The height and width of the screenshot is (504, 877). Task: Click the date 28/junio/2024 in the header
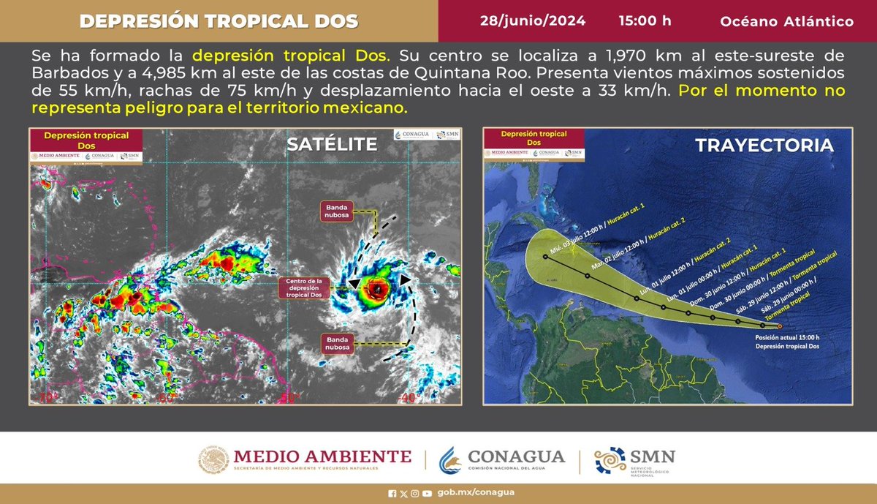point(532,20)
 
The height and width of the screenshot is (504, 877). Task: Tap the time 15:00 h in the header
point(645,20)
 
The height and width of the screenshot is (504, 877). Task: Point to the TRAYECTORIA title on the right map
point(764,145)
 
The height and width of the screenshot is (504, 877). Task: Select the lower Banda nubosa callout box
point(338,342)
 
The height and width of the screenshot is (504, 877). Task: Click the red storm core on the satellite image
point(376,290)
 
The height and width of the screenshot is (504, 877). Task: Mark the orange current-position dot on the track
point(780,326)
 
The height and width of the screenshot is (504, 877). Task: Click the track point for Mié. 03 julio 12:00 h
point(545,257)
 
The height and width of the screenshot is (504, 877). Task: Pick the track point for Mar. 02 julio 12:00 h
point(588,277)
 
